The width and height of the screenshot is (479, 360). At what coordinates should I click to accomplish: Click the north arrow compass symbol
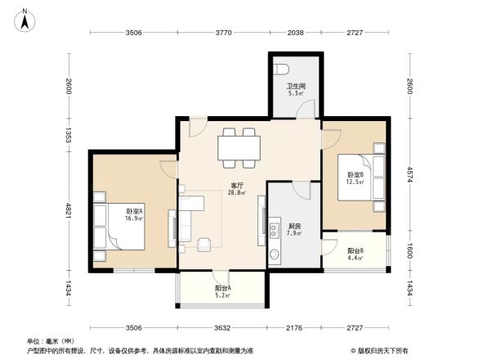(x=25, y=19)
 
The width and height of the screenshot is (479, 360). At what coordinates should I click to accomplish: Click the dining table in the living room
(x=239, y=147)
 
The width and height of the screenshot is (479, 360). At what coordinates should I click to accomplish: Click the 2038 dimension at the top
(x=295, y=34)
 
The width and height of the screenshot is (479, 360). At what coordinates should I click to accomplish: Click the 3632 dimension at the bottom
(x=222, y=329)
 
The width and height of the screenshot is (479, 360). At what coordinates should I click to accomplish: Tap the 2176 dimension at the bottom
(x=295, y=329)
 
